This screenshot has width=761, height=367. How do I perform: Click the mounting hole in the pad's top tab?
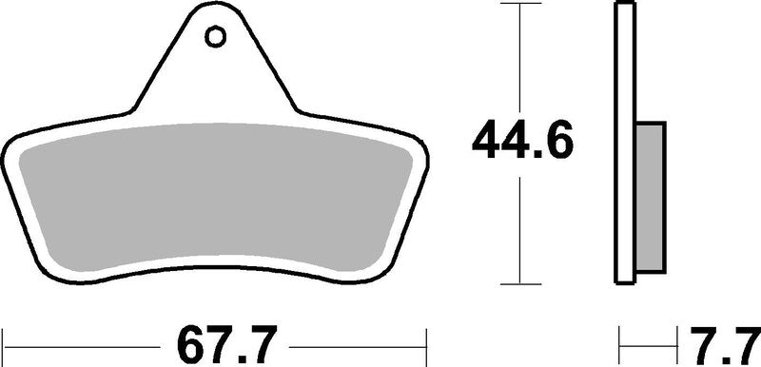(x=215, y=37)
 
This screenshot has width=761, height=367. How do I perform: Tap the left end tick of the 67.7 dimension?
(x=6, y=340)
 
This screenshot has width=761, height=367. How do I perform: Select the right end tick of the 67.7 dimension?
(x=425, y=340)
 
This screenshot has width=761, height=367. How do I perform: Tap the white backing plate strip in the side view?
(x=625, y=143)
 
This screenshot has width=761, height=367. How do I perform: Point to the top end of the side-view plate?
(x=625, y=6)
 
